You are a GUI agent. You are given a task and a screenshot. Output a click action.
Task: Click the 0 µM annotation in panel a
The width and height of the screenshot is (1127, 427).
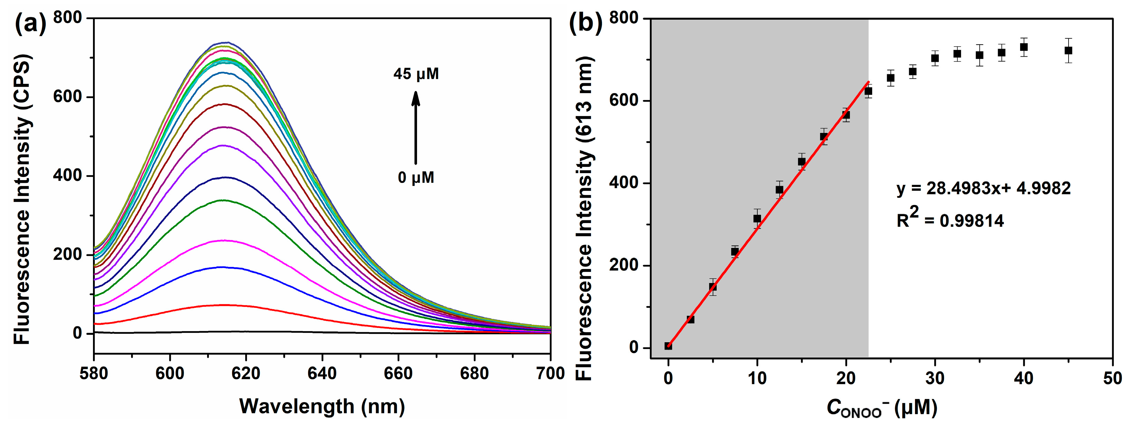pyautogui.click(x=416, y=177)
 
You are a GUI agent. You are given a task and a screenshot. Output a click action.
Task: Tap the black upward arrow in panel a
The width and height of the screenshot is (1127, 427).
pyautogui.click(x=416, y=127)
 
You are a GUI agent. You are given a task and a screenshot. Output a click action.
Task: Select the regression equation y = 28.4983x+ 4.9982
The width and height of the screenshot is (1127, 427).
pyautogui.click(x=983, y=188)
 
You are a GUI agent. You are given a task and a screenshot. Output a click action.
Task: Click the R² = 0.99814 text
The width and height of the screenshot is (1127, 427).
pyautogui.click(x=950, y=219)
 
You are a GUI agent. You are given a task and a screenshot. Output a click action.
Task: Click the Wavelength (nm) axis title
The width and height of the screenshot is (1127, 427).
pyautogui.click(x=322, y=406)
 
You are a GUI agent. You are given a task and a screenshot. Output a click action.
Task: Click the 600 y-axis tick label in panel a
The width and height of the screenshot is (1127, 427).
pyautogui.click(x=67, y=97)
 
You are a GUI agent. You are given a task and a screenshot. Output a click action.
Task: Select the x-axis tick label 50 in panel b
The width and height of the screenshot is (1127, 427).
pyautogui.click(x=1112, y=377)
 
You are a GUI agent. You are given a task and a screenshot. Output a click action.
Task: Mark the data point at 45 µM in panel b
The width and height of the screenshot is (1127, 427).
pyautogui.click(x=1068, y=50)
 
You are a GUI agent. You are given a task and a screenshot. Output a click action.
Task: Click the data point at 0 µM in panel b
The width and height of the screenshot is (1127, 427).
pyautogui.click(x=668, y=346)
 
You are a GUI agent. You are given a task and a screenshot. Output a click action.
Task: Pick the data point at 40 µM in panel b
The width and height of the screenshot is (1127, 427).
pyautogui.click(x=1024, y=47)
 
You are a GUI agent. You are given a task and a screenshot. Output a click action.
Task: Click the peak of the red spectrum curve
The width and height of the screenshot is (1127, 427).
pyautogui.click(x=224, y=305)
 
